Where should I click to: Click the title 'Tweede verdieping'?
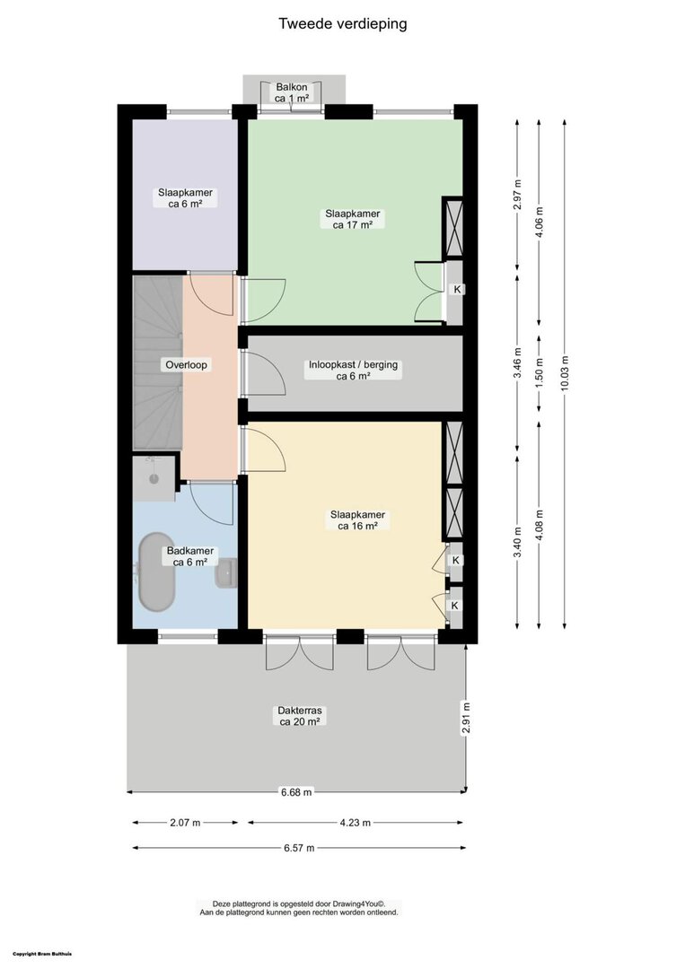(343, 24)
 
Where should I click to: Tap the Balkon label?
(292, 92)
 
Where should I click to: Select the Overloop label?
(186, 364)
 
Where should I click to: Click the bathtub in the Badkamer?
(156, 572)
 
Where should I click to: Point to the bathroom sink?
(226, 572)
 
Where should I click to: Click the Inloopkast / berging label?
(354, 371)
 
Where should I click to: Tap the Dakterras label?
(300, 716)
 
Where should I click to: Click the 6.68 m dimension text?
(297, 791)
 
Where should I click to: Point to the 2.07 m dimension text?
(186, 823)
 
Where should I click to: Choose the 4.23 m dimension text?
(356, 823)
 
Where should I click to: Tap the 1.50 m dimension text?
(539, 374)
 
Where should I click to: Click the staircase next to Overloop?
(158, 362)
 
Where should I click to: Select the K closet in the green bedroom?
(456, 292)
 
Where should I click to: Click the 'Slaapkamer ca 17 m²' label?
(353, 220)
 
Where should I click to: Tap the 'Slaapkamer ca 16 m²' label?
(357, 520)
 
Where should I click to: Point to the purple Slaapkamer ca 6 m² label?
(186, 197)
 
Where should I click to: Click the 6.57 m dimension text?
(299, 848)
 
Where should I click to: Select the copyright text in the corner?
(42, 954)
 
